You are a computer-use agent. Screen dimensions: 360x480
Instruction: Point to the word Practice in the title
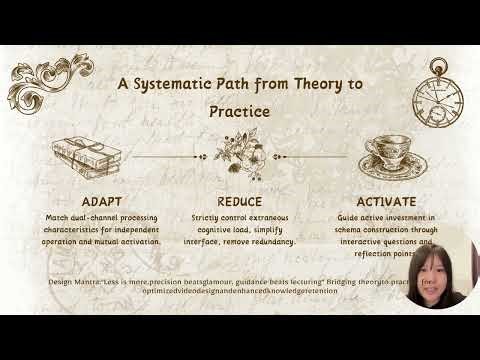240,111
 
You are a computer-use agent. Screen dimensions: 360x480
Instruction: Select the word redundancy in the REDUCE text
273,241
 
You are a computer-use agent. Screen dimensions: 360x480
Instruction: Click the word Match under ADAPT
58,217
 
